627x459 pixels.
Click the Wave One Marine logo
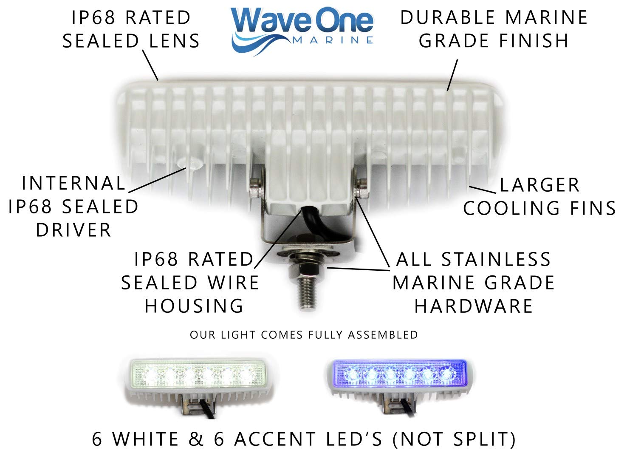[302, 30]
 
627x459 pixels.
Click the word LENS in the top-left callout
[175, 41]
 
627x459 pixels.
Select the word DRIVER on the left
[73, 230]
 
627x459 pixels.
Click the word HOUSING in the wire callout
[194, 306]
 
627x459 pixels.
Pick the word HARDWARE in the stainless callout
[474, 306]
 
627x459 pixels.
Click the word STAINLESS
[496, 260]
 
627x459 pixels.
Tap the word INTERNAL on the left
[74, 184]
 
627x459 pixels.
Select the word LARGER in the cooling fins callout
[539, 185]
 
